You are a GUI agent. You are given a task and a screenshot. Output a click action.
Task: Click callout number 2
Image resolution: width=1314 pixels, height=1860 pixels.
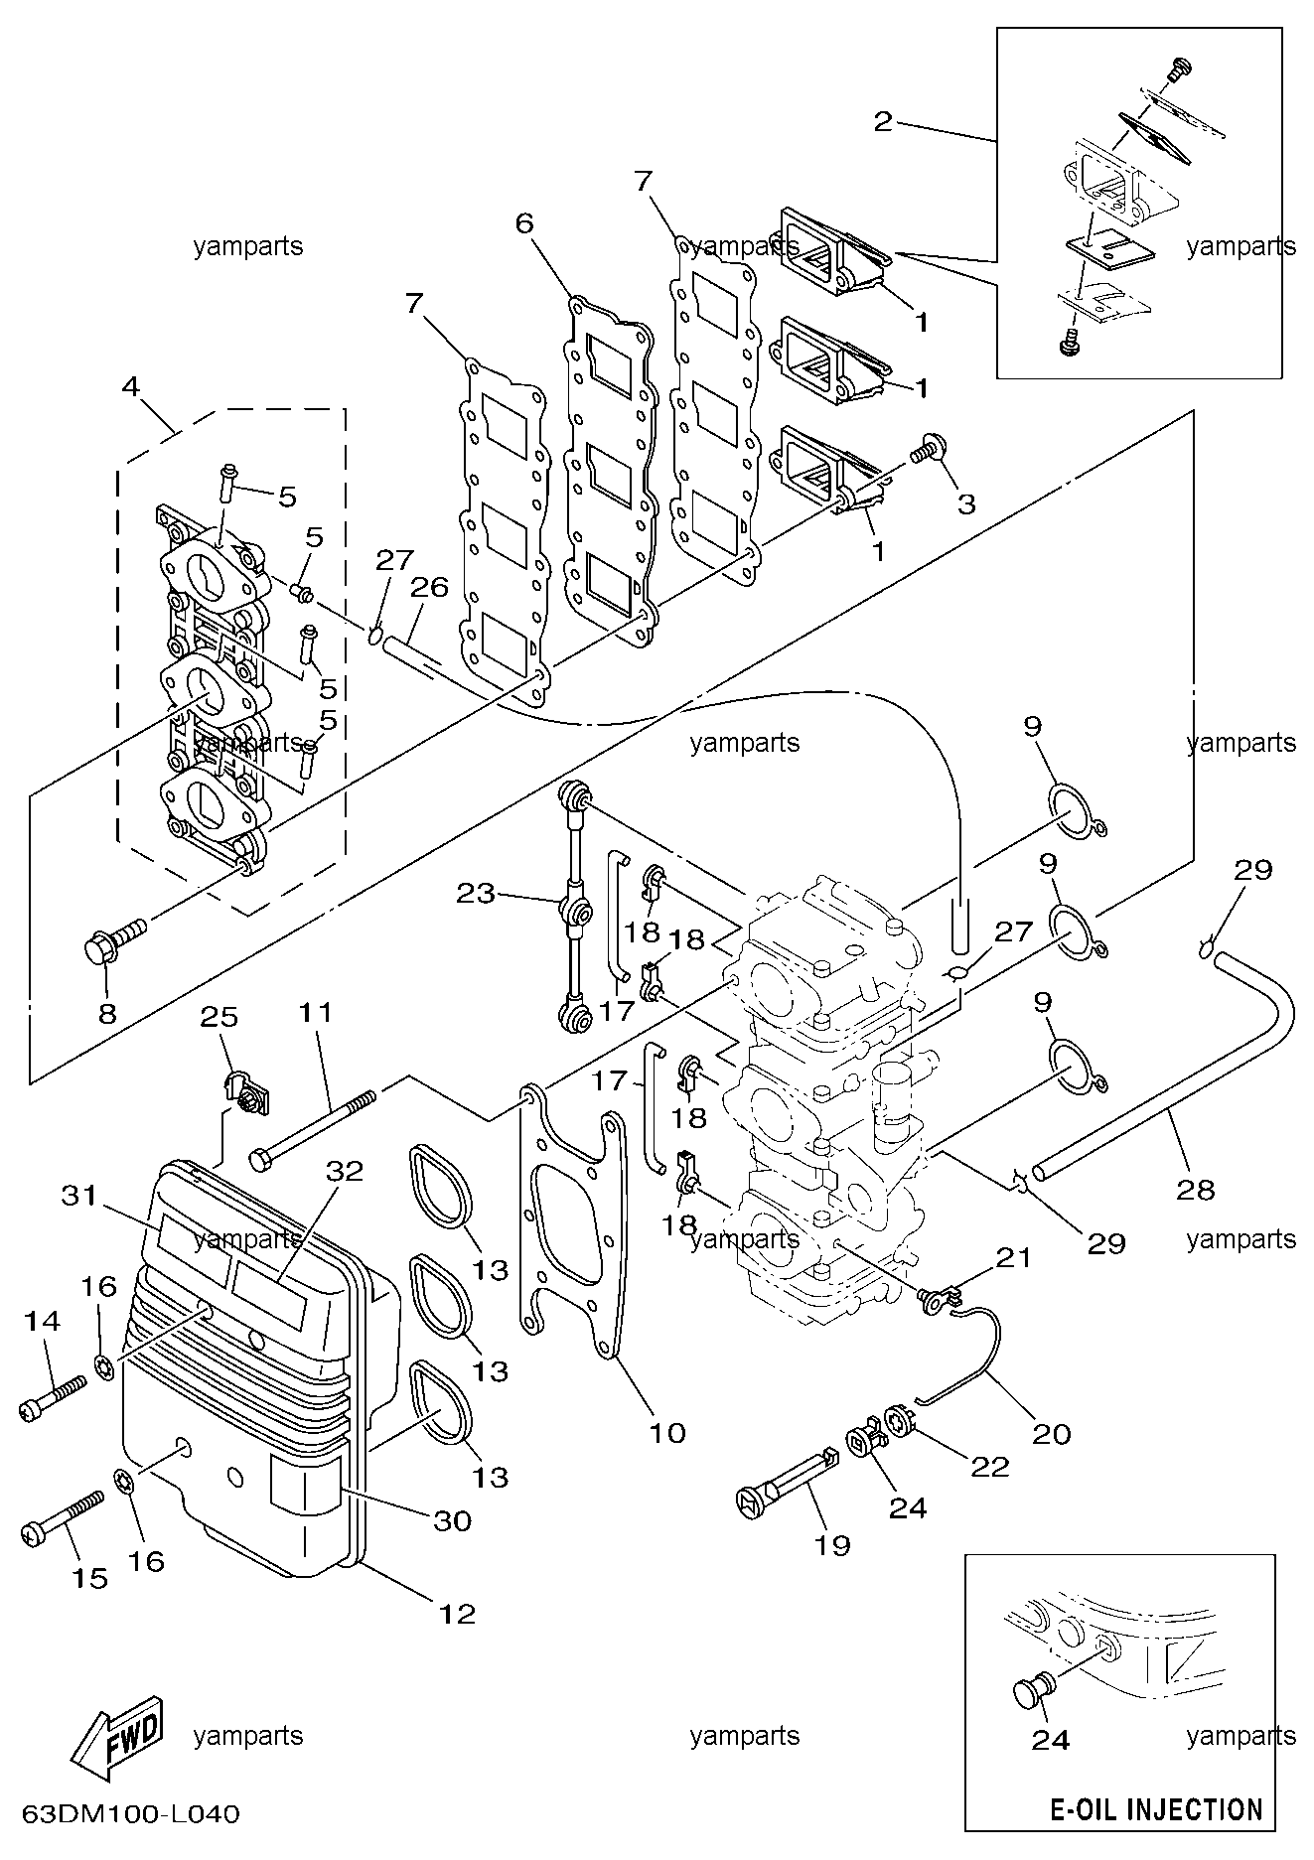(x=882, y=123)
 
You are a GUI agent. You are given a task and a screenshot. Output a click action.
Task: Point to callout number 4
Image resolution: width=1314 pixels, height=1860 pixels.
(x=130, y=386)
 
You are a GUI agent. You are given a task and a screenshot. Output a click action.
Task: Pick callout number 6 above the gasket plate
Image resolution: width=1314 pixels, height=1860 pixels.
(x=524, y=222)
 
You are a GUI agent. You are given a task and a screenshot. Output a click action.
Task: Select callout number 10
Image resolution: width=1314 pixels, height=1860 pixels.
(x=667, y=1432)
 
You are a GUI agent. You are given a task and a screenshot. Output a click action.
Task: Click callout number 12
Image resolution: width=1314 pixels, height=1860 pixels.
(x=458, y=1614)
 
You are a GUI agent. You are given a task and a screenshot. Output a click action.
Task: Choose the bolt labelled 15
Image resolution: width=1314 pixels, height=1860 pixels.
(x=62, y=1516)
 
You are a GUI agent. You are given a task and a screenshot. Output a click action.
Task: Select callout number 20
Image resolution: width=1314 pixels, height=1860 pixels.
(x=1052, y=1433)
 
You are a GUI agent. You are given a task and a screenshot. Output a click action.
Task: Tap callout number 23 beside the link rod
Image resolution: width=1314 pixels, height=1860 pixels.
(x=476, y=893)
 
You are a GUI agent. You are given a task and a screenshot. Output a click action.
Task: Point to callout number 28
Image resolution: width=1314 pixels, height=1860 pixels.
(x=1196, y=1188)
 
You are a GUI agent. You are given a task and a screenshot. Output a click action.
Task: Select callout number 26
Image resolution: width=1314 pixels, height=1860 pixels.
(x=430, y=587)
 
